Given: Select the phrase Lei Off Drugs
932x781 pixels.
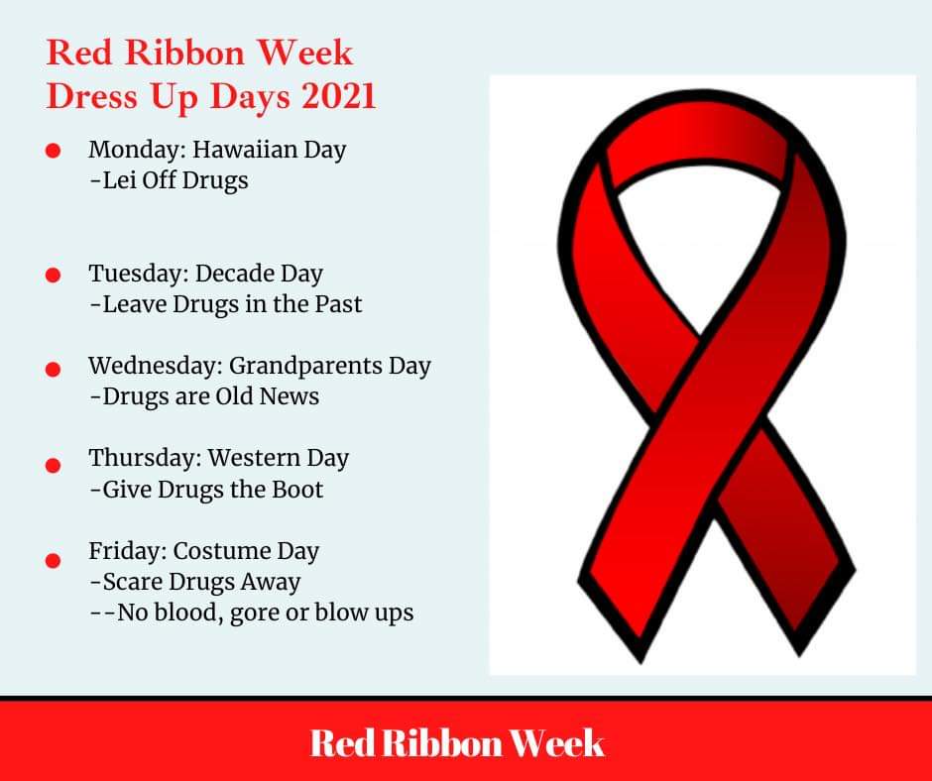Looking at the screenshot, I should pyautogui.click(x=175, y=181).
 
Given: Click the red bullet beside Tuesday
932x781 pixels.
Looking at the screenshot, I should pyautogui.click(x=54, y=275).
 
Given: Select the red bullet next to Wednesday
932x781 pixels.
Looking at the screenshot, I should pyautogui.click(x=54, y=368).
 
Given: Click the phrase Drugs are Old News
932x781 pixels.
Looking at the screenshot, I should pyautogui.click(x=210, y=396).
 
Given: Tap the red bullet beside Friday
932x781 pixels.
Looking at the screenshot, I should pyautogui.click(x=54, y=560).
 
